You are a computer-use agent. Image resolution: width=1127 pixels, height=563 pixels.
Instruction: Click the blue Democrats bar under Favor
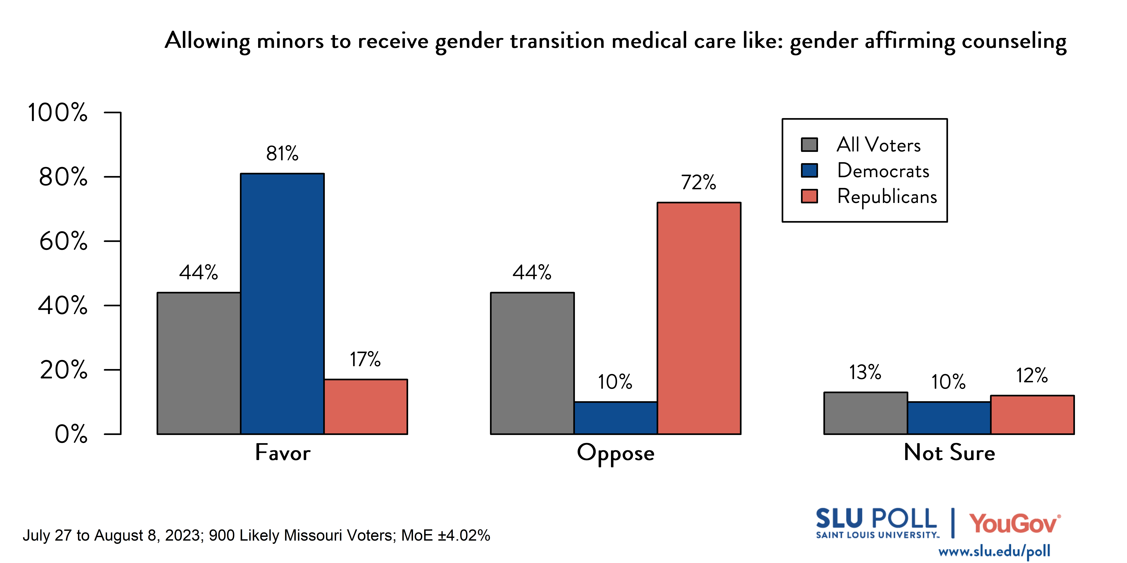pos(282,304)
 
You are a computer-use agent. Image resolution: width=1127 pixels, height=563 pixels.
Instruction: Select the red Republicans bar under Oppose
pos(699,318)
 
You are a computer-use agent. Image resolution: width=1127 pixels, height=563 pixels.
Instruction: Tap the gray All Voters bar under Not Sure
pos(865,413)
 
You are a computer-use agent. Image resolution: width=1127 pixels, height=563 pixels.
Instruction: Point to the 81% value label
pos(282,153)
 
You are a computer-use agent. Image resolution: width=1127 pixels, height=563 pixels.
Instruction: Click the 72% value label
pos(699,182)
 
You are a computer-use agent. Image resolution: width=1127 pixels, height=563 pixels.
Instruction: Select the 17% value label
pos(365,359)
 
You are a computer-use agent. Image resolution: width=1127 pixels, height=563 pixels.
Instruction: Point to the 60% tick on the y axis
pos(63,241)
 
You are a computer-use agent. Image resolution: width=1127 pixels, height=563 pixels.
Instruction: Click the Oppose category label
pos(616,453)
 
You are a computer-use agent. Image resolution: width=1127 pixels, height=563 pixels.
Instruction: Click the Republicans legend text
pos(887,196)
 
